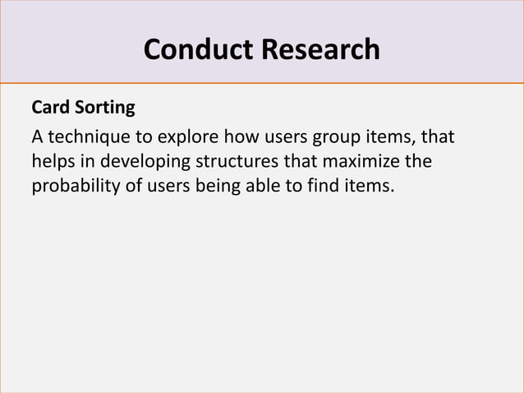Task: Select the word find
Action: [x=324, y=186]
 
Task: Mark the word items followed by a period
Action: [x=370, y=186]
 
